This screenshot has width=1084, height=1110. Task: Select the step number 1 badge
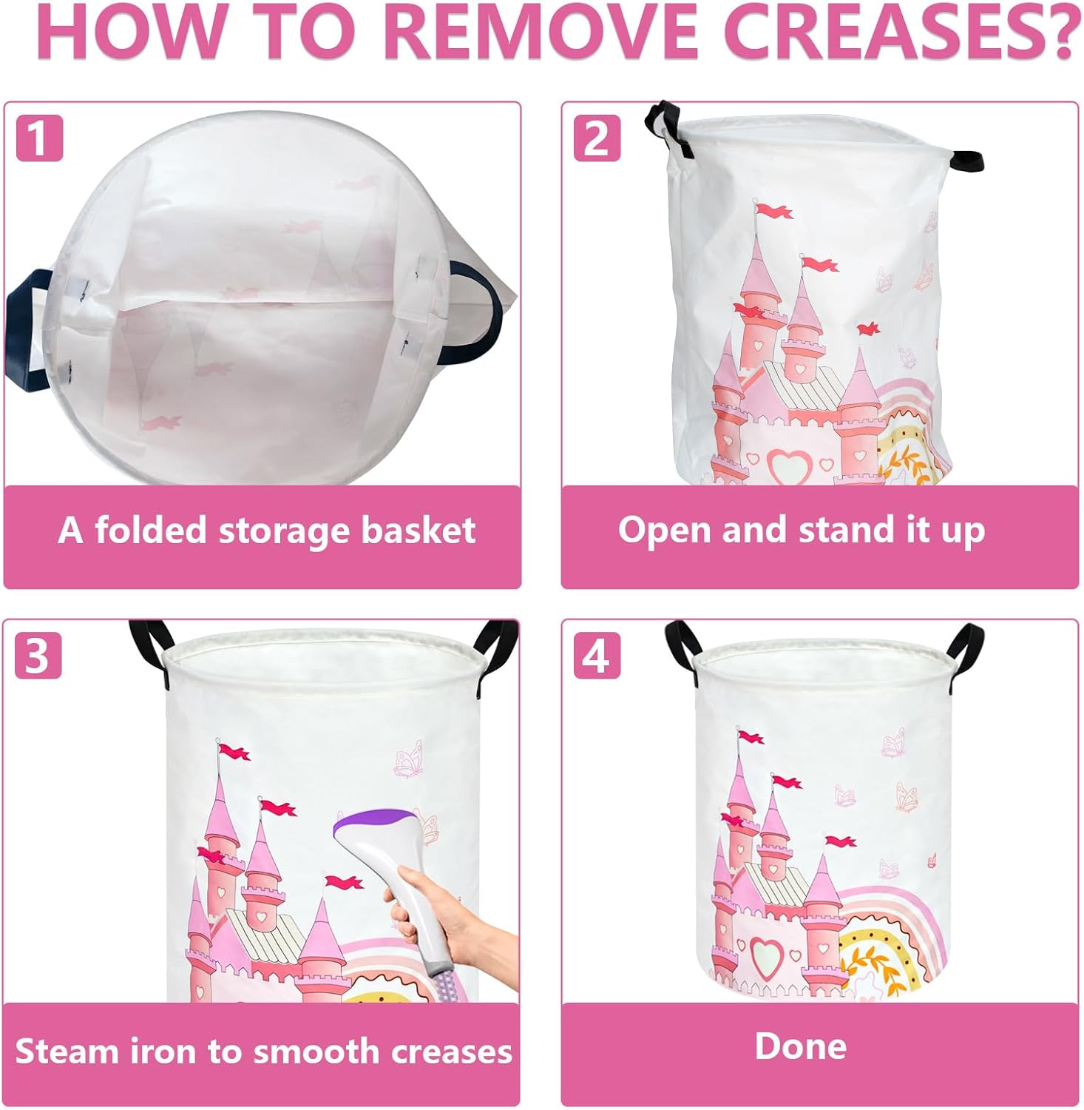pyautogui.click(x=39, y=138)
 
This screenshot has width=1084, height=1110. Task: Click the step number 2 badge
pyautogui.click(x=597, y=138)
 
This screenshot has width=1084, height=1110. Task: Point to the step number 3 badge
pyautogui.click(x=38, y=656)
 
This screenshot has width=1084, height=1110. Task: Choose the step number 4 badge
pyautogui.click(x=597, y=656)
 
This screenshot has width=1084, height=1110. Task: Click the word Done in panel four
pyautogui.click(x=801, y=1046)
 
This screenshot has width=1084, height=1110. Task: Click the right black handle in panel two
pyautogui.click(x=966, y=160)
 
